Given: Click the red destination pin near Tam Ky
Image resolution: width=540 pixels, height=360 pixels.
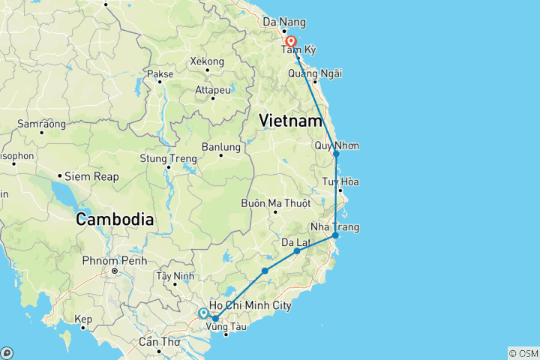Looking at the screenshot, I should click(289, 42).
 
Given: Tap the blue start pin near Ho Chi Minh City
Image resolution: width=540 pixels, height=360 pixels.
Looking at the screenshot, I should click(203, 314).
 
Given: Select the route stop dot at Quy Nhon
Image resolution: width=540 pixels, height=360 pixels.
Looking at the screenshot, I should click(336, 154).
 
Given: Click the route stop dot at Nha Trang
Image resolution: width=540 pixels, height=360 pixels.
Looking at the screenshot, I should click(335, 235).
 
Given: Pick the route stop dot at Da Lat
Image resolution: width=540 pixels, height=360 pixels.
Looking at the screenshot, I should click(297, 250).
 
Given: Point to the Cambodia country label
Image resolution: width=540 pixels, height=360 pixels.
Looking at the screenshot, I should click(114, 220).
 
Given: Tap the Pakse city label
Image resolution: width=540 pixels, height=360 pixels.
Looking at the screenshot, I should click(160, 74).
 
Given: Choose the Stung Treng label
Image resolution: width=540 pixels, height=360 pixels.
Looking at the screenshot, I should click(168, 158).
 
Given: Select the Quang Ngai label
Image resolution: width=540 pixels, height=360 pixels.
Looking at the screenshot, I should click(319, 73).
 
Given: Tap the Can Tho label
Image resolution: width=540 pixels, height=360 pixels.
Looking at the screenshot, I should click(158, 341).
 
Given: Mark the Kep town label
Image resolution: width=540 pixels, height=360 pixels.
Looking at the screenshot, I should click(82, 319).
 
